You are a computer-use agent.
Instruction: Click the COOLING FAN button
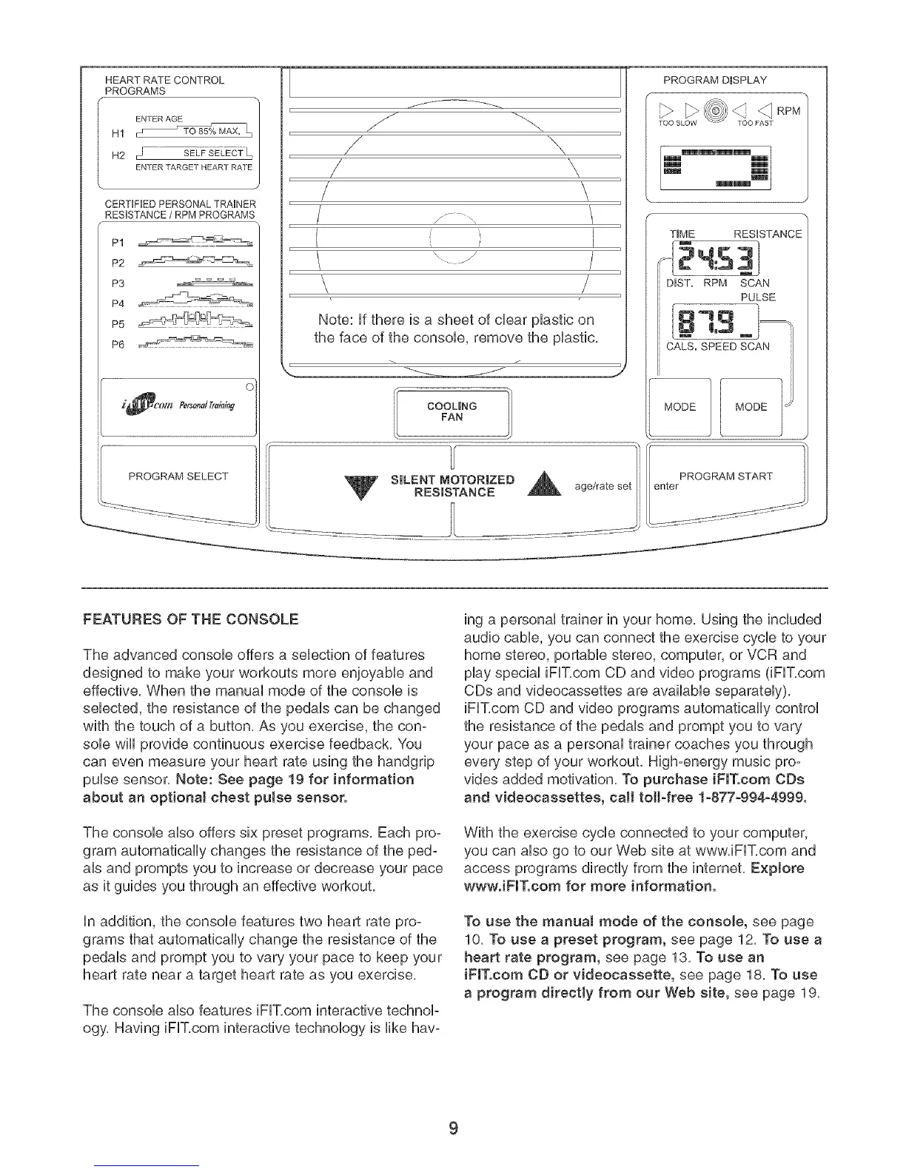(452, 412)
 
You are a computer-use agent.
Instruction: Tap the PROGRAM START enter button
(725, 482)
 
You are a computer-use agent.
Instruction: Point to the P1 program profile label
(118, 243)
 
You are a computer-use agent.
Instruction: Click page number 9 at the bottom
(454, 1128)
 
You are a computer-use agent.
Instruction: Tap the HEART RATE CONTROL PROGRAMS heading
(165, 85)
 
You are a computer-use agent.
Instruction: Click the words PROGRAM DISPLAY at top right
(714, 80)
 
